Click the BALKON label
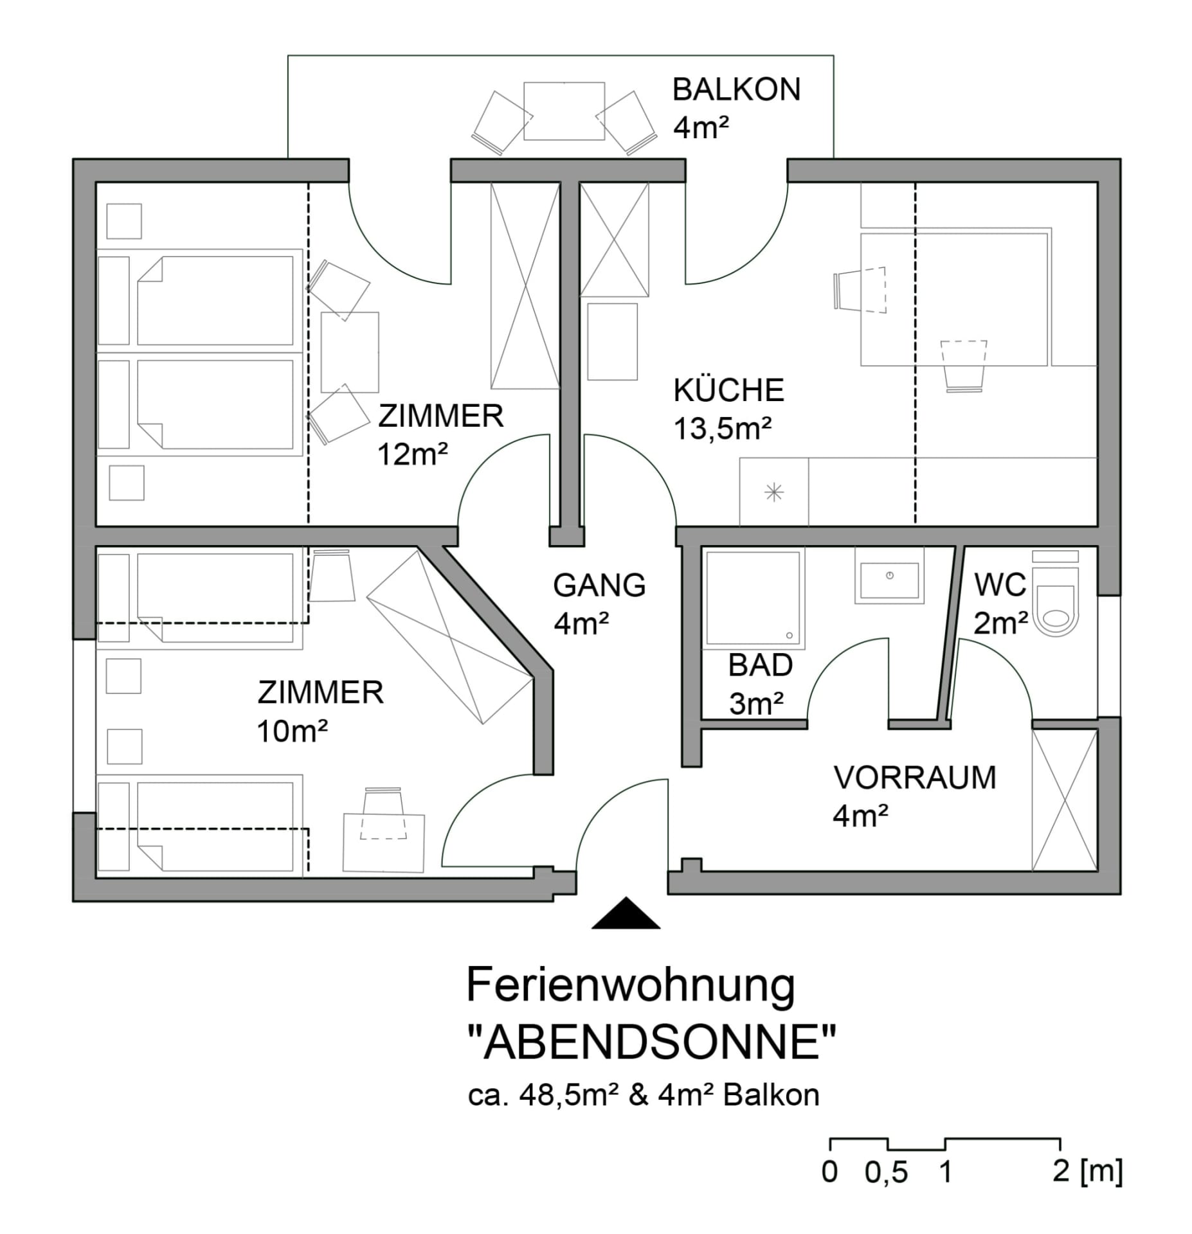click(736, 90)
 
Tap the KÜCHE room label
click(728, 391)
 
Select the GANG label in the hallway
click(599, 586)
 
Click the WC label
click(1000, 585)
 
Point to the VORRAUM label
click(914, 778)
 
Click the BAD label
click(760, 665)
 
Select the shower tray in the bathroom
click(754, 596)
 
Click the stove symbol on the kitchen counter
click(774, 493)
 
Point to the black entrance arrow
click(626, 913)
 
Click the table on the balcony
click(564, 111)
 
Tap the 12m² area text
click(412, 454)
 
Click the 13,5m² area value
click(722, 429)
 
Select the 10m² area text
click(293, 731)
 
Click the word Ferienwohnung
click(631, 985)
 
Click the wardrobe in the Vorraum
click(1064, 800)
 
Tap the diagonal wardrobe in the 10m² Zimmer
click(450, 637)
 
